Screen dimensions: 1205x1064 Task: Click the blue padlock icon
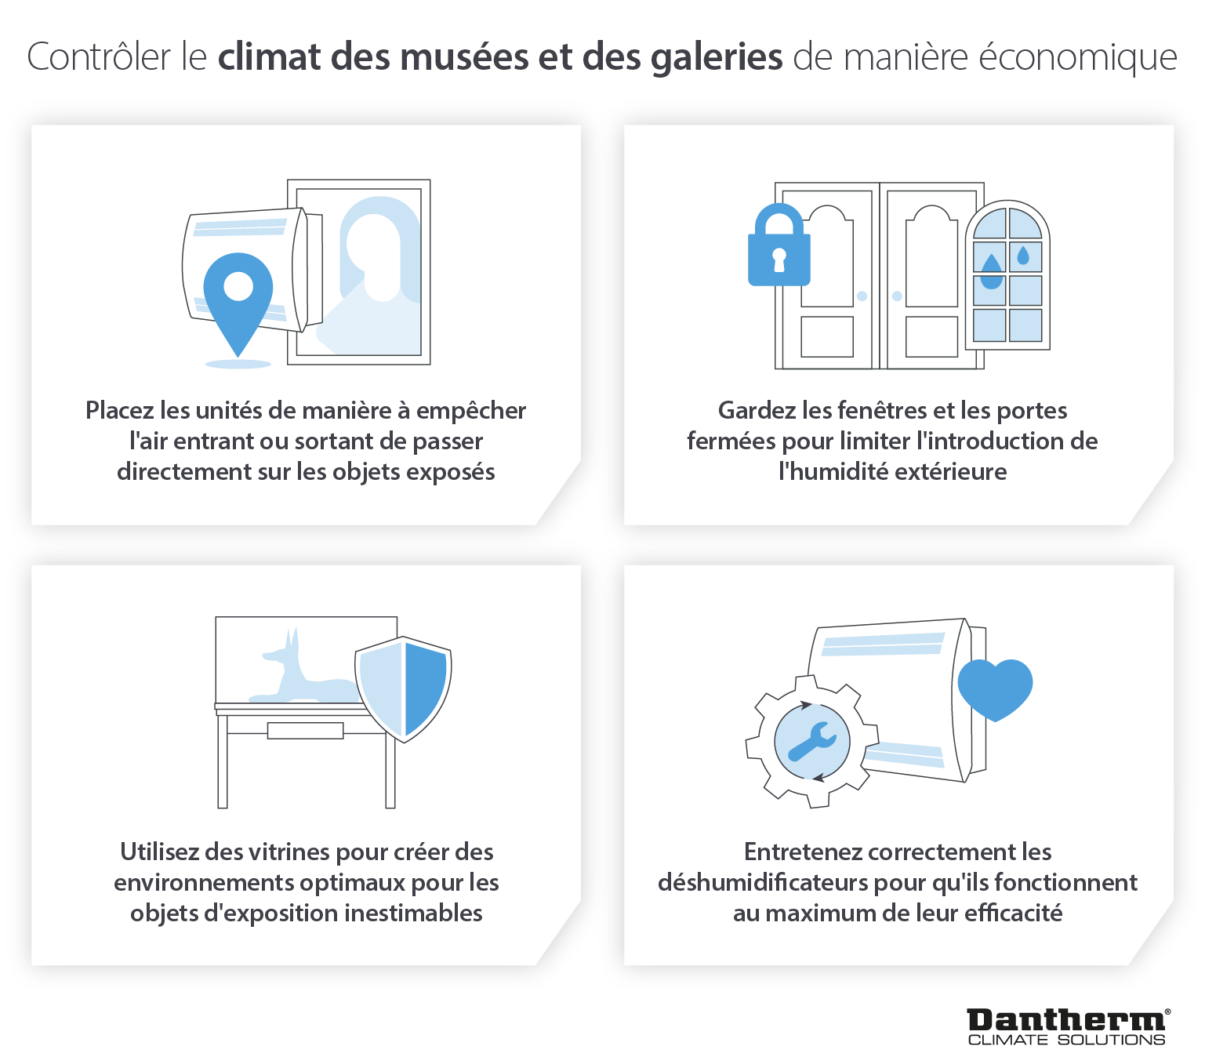[779, 245]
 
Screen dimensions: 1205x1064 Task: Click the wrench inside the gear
[812, 741]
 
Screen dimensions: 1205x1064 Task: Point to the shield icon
[403, 689]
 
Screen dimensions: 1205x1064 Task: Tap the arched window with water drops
[1007, 274]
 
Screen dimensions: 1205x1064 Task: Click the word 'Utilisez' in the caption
[159, 852]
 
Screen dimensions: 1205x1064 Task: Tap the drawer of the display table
[305, 730]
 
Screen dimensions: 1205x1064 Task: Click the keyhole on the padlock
[779, 260]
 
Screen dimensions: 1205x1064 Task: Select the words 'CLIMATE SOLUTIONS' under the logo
[1066, 1040]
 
